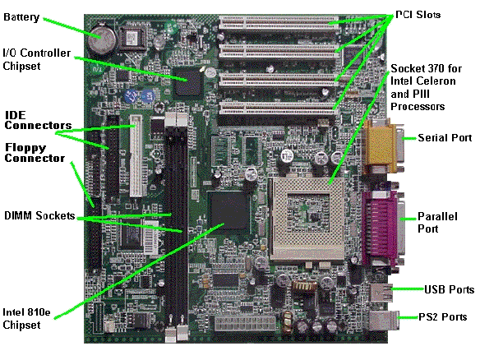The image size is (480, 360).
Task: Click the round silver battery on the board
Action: pos(102,39)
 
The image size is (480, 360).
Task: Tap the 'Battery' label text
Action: pos(21,17)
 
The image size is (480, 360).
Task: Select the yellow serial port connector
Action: pos(383,147)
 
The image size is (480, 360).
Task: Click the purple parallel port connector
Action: pos(383,227)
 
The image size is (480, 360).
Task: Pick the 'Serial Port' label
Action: pos(445,138)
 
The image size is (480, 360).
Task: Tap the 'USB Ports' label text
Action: pos(449,289)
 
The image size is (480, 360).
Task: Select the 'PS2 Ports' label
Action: pos(443,316)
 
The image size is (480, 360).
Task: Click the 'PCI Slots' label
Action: pos(418,15)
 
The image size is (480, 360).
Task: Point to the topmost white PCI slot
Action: pos(279,23)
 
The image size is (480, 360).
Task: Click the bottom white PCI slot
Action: pos(279,108)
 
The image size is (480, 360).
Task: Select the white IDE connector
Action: pos(136,155)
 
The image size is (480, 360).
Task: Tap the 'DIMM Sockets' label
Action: pos(39,215)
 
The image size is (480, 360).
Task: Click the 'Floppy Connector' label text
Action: pos(35,152)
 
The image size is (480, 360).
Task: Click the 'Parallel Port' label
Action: pos(437,223)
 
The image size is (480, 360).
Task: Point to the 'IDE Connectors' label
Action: pos(38,120)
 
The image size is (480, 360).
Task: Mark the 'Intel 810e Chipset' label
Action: pos(26,318)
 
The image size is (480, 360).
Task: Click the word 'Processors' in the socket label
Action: pos(418,107)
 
